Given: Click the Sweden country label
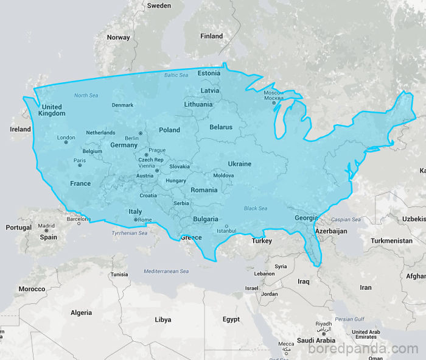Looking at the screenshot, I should (159, 5).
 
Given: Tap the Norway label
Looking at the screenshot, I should (118, 37).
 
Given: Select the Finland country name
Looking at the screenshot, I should (212, 36).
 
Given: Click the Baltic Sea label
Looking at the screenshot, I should (176, 75).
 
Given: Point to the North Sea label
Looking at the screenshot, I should (86, 96).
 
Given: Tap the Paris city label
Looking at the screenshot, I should (80, 161).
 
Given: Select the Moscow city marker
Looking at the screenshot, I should (274, 103).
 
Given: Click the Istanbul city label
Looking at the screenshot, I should (226, 231).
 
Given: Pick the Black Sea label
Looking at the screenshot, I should (256, 208).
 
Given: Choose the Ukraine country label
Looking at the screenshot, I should (239, 164).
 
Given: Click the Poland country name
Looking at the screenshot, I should (169, 130).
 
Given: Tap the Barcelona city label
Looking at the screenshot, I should (79, 219).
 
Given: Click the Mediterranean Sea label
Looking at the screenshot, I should (166, 271).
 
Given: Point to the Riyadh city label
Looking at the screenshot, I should (323, 323).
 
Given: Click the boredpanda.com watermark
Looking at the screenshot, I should (363, 348).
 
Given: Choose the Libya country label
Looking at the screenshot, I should (162, 319).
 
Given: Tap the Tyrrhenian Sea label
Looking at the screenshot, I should (130, 233).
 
